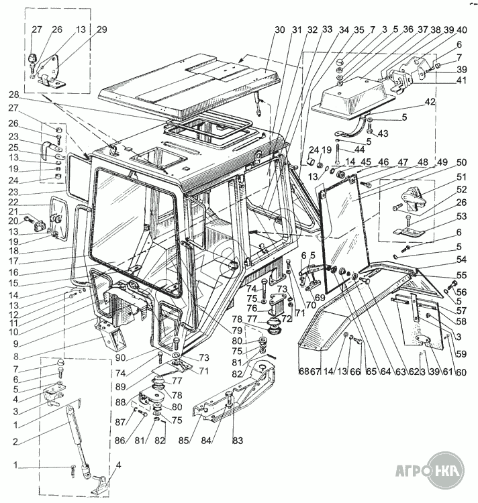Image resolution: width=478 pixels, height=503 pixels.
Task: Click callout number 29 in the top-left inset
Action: click(x=101, y=30)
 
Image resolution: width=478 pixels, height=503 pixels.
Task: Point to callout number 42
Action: click(x=430, y=101)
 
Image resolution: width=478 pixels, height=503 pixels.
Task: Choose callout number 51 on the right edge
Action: click(x=462, y=176)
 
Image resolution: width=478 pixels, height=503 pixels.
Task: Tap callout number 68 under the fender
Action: click(x=303, y=371)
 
